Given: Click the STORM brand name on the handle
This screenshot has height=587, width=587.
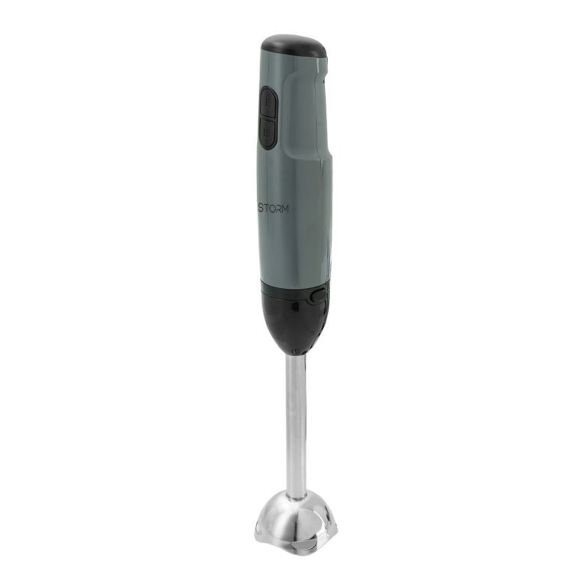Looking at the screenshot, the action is [x=274, y=209].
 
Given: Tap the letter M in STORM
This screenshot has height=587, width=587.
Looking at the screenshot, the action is [x=284, y=209].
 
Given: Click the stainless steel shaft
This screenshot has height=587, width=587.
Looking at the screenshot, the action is [x=296, y=426].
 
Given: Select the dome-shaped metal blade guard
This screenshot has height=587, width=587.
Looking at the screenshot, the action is [x=296, y=524].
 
